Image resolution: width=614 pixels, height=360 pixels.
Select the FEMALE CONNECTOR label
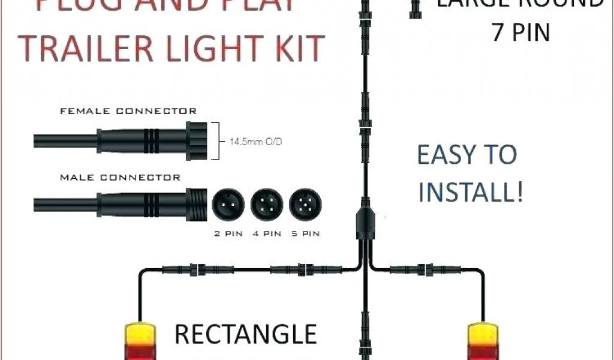tap(128, 111)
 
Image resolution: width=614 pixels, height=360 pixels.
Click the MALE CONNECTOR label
tap(120, 178)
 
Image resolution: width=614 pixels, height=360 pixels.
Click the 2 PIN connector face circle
tap(227, 205)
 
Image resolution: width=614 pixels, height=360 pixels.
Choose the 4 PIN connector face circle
tap(266, 205)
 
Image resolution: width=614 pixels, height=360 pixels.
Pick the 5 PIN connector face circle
tap(305, 205)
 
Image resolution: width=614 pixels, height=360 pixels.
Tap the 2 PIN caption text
tap(228, 233)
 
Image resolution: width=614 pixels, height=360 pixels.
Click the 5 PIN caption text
tap(305, 233)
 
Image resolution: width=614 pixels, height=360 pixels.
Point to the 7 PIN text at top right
tap(520, 32)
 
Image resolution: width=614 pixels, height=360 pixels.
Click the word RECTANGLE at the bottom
tap(245, 335)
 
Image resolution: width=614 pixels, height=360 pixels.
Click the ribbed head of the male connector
tap(197, 205)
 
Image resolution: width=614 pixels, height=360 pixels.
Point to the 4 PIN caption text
tap(266, 233)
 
